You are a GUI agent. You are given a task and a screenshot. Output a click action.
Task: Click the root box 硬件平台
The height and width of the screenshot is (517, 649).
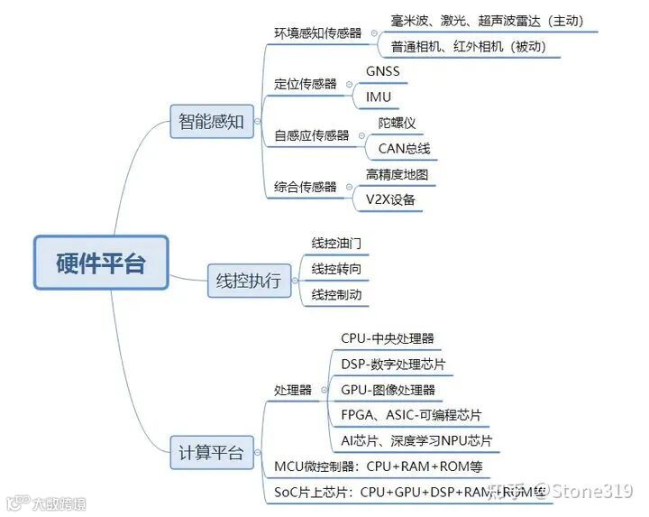pos(101,263)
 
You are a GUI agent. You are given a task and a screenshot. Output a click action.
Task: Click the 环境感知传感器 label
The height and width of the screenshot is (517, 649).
pos(317,32)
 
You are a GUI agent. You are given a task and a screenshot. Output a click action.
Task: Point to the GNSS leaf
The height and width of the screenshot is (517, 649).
pos(382,71)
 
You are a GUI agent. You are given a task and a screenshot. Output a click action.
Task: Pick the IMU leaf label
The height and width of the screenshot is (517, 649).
pos(379,97)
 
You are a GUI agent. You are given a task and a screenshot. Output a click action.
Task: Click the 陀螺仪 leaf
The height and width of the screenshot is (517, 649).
pos(397,123)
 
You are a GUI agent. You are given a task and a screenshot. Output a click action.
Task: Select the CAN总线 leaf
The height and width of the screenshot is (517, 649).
pos(404,148)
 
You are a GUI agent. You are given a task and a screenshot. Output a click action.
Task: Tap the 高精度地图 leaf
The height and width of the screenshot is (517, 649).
pos(403,174)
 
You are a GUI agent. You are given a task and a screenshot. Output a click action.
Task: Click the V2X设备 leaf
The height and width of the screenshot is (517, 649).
pos(390,199)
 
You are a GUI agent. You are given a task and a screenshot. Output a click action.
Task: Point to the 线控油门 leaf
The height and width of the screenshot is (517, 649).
pos(337,244)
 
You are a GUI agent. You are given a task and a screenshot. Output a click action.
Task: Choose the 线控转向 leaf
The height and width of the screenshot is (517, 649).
pos(337,269)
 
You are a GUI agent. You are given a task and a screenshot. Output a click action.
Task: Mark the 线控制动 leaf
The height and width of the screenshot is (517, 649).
pos(337,294)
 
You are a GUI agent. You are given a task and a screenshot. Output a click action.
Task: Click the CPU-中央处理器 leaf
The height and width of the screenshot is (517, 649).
pos(388,338)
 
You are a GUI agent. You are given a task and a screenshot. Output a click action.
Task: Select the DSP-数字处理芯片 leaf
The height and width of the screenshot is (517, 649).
pos(393,365)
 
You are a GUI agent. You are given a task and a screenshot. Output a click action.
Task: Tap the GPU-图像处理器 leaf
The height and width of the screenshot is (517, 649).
pos(388,390)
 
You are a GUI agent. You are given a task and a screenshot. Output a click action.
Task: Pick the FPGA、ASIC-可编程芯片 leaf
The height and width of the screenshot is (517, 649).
pos(411,415)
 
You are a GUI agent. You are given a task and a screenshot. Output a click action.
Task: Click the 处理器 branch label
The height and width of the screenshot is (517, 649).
pos(293,390)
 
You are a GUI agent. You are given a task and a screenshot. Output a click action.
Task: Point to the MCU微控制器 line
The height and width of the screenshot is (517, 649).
pos(379,466)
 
